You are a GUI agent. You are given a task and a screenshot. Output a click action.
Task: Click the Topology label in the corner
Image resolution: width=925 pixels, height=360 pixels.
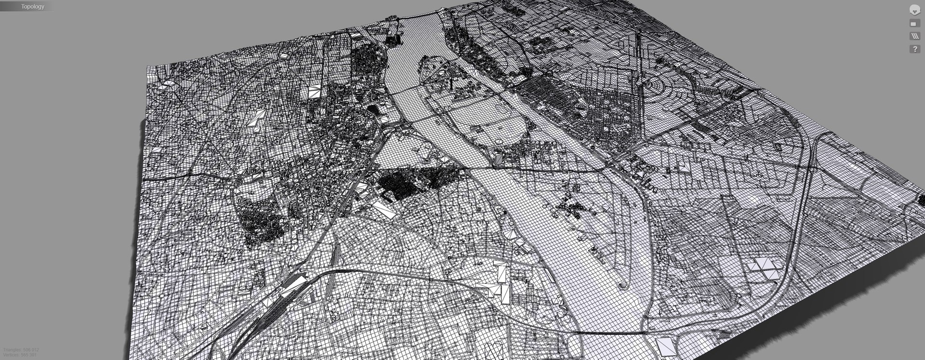tap(32, 7)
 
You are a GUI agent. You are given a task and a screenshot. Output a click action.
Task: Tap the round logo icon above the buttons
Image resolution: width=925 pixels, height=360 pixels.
tap(914, 10)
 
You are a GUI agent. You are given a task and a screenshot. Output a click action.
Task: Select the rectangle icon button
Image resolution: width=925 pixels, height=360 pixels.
tap(914, 24)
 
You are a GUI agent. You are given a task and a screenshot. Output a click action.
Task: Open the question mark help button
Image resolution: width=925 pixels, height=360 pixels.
tap(914, 49)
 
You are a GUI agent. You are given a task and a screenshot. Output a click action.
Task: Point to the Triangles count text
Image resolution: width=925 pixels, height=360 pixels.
tap(21, 350)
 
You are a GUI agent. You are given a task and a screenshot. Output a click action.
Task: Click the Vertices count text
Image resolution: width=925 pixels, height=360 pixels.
tap(19, 355)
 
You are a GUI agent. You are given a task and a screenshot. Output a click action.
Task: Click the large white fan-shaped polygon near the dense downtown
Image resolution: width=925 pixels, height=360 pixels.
tap(315, 91)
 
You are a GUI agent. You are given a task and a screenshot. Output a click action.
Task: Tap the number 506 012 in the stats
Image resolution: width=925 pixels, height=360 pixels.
tap(31, 350)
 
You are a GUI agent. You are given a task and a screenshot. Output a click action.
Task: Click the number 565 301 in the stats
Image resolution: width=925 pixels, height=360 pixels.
tap(28, 355)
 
